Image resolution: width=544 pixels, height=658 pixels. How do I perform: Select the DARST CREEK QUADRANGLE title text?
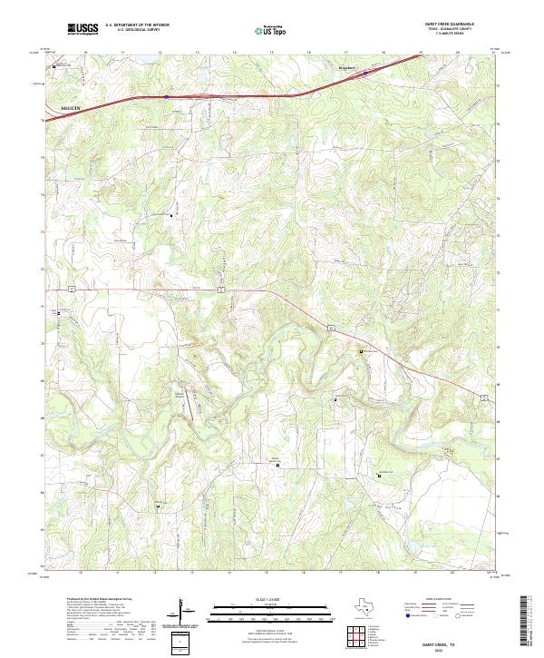454,24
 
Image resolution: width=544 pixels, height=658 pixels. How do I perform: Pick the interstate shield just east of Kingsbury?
366,73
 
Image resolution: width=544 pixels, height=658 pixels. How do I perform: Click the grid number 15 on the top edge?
271,53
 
